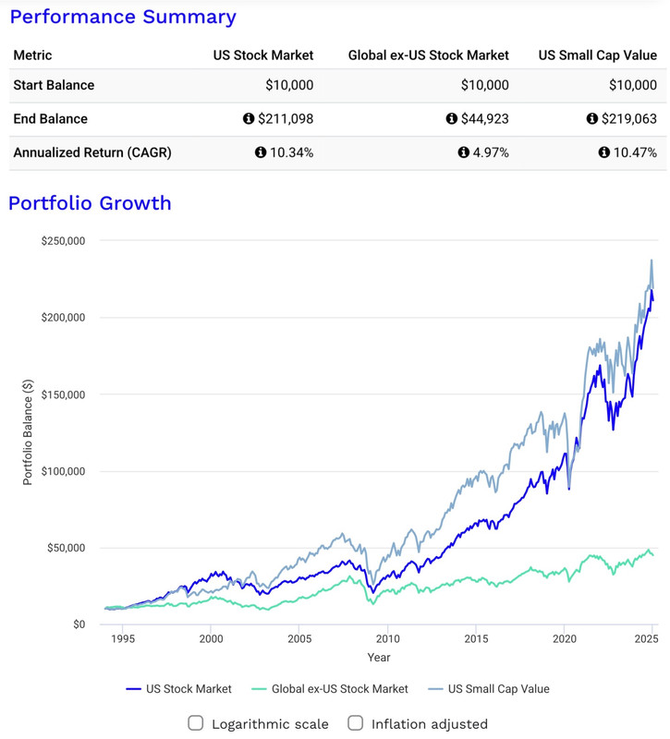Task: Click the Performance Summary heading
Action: (123, 17)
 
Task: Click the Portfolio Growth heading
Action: (90, 203)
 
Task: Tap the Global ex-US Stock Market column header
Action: (428, 55)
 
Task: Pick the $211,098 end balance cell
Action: (286, 119)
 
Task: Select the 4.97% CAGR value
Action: (488, 152)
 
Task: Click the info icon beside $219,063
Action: (592, 119)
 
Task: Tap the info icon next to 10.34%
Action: (261, 152)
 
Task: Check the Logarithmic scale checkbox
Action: (196, 723)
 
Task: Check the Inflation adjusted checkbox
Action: (356, 723)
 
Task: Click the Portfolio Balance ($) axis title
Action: (28, 432)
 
